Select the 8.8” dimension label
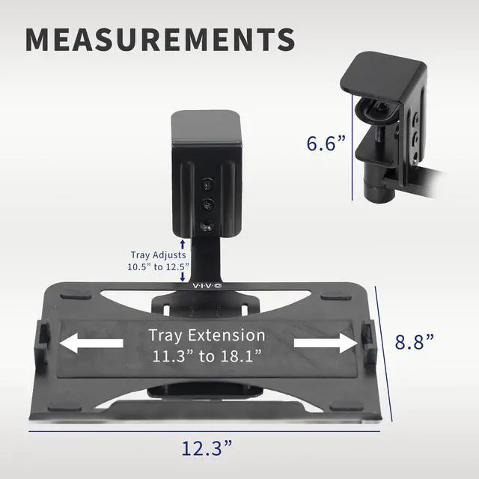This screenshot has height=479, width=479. tap(415, 342)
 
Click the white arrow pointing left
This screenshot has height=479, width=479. tap(91, 344)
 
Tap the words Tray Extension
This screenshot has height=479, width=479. tap(207, 335)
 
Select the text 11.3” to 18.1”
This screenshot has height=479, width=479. tap(207, 355)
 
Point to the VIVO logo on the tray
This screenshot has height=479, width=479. tap(207, 286)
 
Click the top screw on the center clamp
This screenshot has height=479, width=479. tap(207, 183)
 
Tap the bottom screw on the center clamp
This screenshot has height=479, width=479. tap(207, 226)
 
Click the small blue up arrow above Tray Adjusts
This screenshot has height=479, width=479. tap(183, 244)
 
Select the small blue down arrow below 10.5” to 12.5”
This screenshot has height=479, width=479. tap(183, 276)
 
